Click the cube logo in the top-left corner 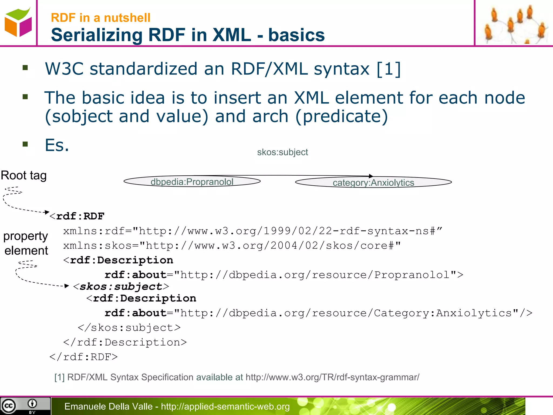click(x=18, y=22)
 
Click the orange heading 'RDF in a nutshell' click(x=100, y=18)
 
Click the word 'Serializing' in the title click(x=96, y=35)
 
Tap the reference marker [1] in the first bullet click(x=389, y=69)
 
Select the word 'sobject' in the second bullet click(x=82, y=116)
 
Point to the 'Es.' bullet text click(x=57, y=145)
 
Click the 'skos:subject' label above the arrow click(x=282, y=152)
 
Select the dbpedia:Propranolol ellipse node click(x=192, y=181)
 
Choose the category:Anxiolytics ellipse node click(x=373, y=182)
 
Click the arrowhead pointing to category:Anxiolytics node click(x=371, y=176)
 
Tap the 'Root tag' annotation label click(x=24, y=175)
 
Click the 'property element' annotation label click(x=26, y=243)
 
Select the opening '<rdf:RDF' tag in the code click(x=77, y=216)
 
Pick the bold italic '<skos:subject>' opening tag click(x=121, y=286)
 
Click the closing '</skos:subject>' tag click(x=129, y=328)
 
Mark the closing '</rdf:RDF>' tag click(x=84, y=357)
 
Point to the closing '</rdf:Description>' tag click(x=125, y=342)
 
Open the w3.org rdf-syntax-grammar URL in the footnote click(x=332, y=377)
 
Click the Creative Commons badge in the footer click(x=25, y=406)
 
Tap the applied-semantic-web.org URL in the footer click(x=225, y=406)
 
